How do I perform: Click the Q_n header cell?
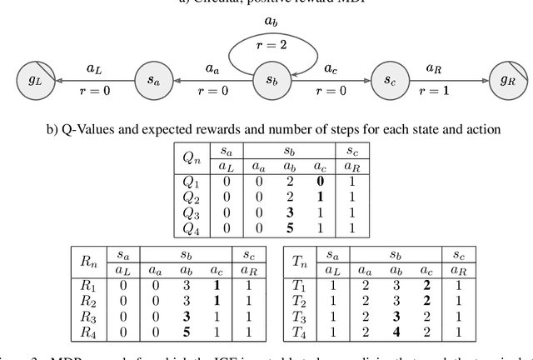(x=194, y=157)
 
